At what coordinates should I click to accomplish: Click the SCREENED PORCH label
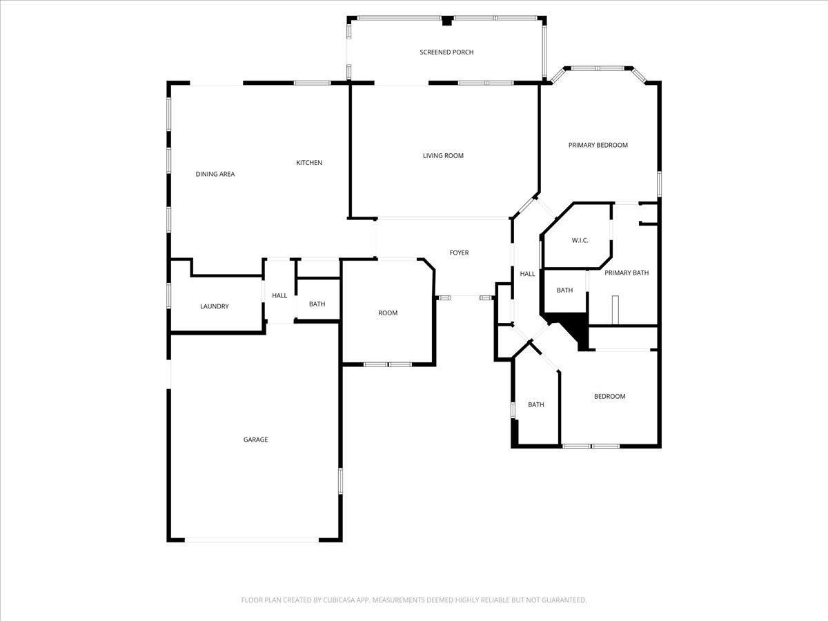(446, 52)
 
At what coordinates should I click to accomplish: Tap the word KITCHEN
(309, 163)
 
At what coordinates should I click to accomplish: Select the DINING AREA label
(215, 174)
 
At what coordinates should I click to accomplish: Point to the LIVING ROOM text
(443, 156)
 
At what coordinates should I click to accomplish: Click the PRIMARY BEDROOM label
(598, 145)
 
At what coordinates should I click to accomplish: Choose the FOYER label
(459, 253)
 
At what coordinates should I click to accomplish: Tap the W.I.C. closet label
(580, 240)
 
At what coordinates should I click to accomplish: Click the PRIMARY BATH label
(627, 273)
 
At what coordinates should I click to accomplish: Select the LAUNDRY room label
(215, 306)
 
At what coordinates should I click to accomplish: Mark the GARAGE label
(255, 440)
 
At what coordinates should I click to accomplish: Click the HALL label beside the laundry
(279, 296)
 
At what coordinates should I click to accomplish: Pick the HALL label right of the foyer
(527, 274)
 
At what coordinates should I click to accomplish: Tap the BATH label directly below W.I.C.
(565, 290)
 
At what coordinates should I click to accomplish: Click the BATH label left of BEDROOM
(536, 405)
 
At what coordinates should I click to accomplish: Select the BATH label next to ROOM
(317, 304)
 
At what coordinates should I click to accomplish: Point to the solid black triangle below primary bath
(573, 330)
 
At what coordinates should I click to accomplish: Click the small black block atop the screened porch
(447, 21)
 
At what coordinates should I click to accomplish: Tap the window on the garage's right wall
(340, 480)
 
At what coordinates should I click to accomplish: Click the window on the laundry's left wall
(169, 295)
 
